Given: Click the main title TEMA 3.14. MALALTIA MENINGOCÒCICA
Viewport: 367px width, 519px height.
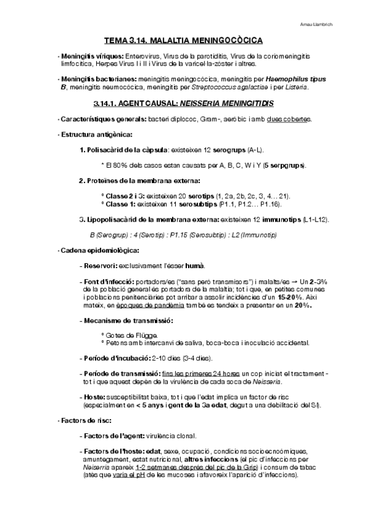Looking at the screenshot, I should [183, 40].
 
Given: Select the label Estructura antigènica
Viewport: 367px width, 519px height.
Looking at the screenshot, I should [96, 134].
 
